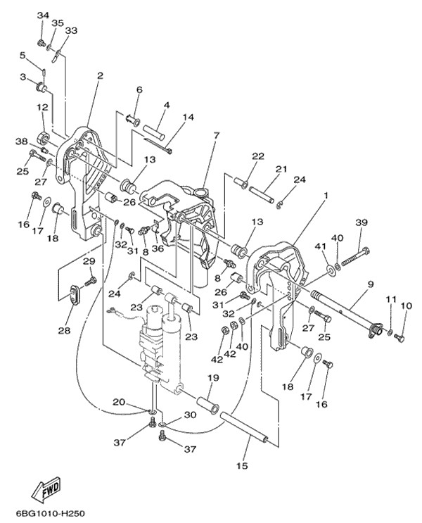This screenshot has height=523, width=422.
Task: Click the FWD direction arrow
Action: coord(46,491)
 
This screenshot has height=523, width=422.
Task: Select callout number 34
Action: coord(43,15)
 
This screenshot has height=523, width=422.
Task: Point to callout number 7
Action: coord(217,137)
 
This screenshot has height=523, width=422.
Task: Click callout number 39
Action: coord(362,222)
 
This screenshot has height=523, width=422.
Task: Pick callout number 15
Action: coord(243,465)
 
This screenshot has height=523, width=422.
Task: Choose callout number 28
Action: coord(65,330)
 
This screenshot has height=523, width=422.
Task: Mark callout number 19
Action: coord(213,378)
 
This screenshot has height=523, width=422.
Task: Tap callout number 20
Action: coord(119,402)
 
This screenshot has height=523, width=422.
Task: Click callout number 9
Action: coord(371,284)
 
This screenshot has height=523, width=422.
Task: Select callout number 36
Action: coord(158,248)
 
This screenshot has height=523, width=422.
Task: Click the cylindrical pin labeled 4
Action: coord(154,130)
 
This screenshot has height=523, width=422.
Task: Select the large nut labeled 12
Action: coord(44,137)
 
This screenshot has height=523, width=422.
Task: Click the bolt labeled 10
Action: coord(399,337)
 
